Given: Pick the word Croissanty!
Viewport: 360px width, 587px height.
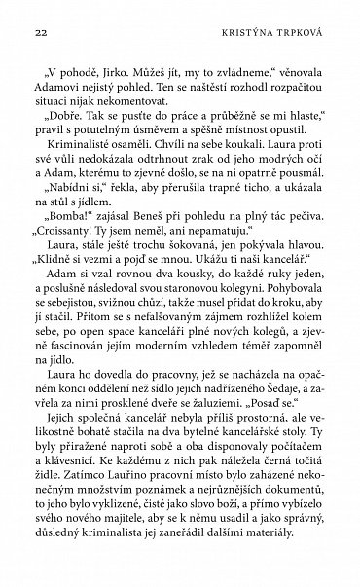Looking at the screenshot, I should coord(76,259).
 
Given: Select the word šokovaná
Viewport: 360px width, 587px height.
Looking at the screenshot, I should coord(164,275).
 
